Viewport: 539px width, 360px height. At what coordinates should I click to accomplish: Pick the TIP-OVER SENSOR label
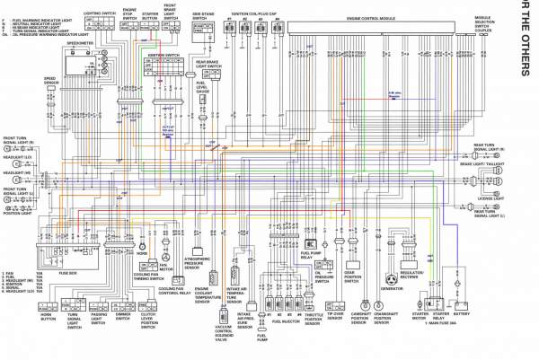tap(335, 317)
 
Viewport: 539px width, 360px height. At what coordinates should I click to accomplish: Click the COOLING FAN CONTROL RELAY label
tap(175, 293)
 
